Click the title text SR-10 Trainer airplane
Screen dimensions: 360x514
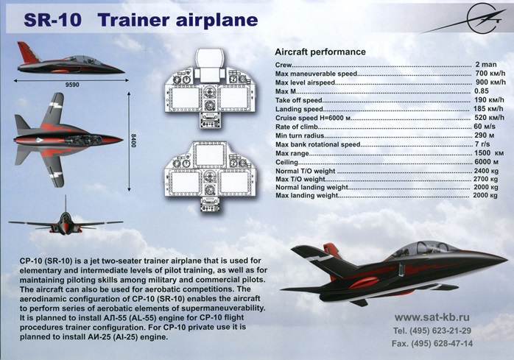[140, 19]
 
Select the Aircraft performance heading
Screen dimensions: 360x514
[320, 53]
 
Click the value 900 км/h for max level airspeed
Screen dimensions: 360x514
[490, 82]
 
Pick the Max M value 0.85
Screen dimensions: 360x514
[482, 91]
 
